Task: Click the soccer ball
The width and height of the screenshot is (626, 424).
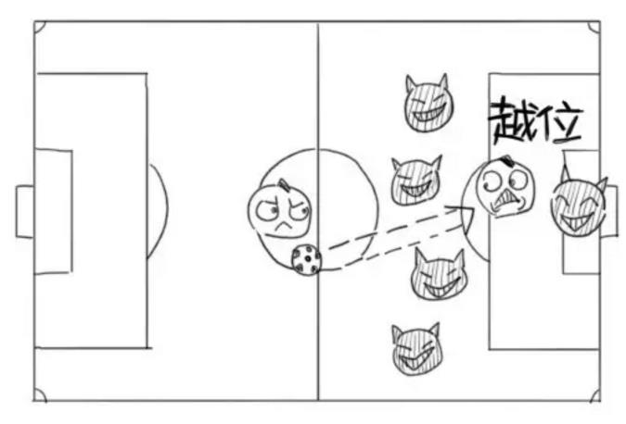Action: [x=306, y=259]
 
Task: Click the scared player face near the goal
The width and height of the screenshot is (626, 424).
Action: [x=507, y=186]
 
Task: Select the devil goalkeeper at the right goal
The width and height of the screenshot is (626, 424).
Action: [x=580, y=206]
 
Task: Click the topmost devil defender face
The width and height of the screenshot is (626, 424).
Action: [x=428, y=105]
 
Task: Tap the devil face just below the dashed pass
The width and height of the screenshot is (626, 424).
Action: [x=439, y=275]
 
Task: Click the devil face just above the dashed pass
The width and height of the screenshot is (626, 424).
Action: [x=416, y=181]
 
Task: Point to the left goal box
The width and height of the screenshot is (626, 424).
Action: [x=25, y=212]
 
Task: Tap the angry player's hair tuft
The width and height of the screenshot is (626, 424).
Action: [x=285, y=183]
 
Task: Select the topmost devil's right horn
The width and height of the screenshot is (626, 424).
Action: [x=442, y=82]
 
